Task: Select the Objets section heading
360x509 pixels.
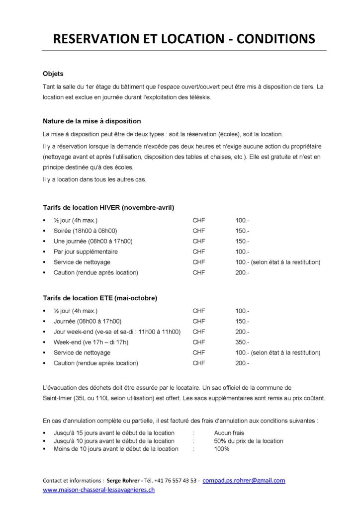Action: coord(53,74)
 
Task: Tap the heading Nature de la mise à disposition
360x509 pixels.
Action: coord(92,121)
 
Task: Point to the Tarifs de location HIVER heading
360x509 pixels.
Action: coord(108,207)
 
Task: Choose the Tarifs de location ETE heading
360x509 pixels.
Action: coord(100,298)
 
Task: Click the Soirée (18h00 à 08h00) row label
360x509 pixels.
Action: coord(85,231)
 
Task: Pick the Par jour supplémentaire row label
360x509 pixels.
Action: coord(86,252)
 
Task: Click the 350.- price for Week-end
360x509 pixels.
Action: coord(242,342)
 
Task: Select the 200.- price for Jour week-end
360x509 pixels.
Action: coord(242,332)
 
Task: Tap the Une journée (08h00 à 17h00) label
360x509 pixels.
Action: coord(93,241)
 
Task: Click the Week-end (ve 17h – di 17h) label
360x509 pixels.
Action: coord(91,342)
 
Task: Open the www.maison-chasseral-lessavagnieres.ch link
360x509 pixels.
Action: coord(98,490)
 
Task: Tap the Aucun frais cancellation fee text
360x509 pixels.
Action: coord(229,433)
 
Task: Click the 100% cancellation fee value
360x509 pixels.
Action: coord(222,449)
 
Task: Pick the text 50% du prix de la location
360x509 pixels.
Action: coord(249,441)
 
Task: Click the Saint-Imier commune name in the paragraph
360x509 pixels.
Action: coord(59,398)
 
